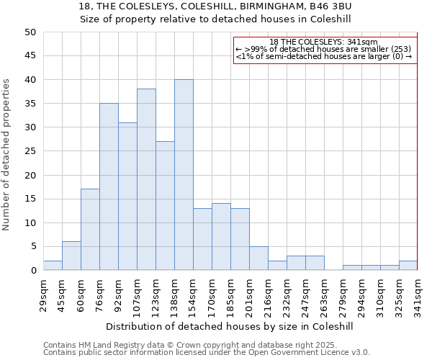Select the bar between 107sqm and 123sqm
point(146,179)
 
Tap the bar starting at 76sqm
point(109,186)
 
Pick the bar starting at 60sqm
point(90,230)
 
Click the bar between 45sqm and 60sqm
point(71,256)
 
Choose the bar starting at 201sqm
point(258,258)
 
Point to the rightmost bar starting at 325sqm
point(408,266)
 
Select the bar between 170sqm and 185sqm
point(221,237)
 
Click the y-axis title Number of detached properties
point(7,155)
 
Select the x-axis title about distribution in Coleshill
point(234,326)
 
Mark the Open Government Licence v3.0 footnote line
point(207,353)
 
